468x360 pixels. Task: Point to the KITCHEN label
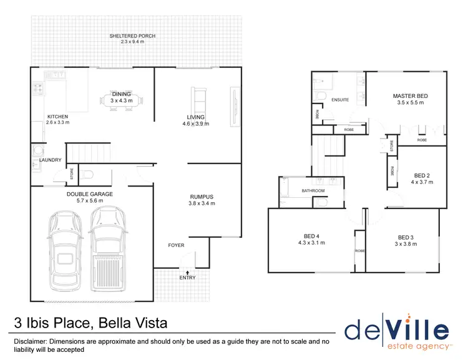[58, 117]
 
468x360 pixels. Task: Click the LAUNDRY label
[51, 160]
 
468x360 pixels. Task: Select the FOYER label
[177, 245]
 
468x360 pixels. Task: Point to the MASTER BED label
[410, 96]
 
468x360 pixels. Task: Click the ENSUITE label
[341, 100]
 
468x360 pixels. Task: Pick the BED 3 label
[405, 237]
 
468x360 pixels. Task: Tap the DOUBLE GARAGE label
[90, 194]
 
